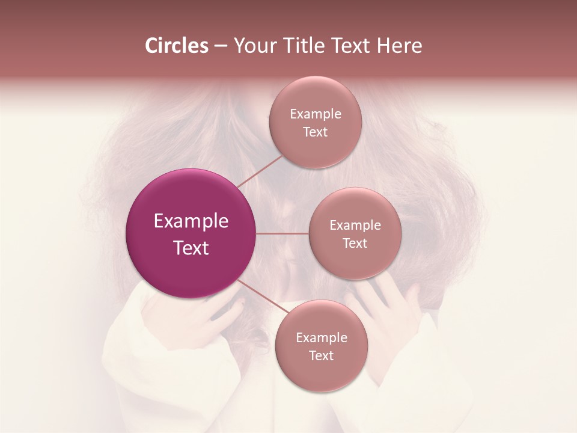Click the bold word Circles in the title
(x=176, y=46)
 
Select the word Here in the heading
(x=400, y=46)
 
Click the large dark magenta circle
(x=191, y=233)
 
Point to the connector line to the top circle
(x=260, y=171)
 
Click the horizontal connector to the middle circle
(x=282, y=233)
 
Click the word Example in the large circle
(x=191, y=221)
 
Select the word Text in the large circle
(x=191, y=248)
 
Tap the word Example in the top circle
(x=316, y=114)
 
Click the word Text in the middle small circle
(x=355, y=244)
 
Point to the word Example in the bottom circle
(x=322, y=338)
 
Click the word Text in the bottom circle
(x=321, y=356)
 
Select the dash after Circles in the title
(x=221, y=46)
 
